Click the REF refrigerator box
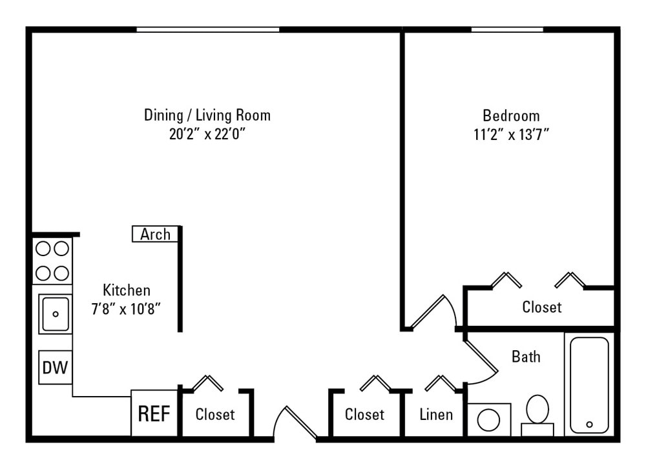154,413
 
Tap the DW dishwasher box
55,368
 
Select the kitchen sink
55,314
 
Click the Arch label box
155,234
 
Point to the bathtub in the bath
589,385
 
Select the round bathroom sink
488,420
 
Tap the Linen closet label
436,414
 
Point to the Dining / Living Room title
207,115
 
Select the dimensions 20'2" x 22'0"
207,135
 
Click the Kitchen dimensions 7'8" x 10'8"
126,308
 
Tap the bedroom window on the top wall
506,30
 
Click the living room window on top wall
207,30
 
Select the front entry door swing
294,423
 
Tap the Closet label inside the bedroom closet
541,308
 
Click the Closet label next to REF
215,414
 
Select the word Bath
526,356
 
